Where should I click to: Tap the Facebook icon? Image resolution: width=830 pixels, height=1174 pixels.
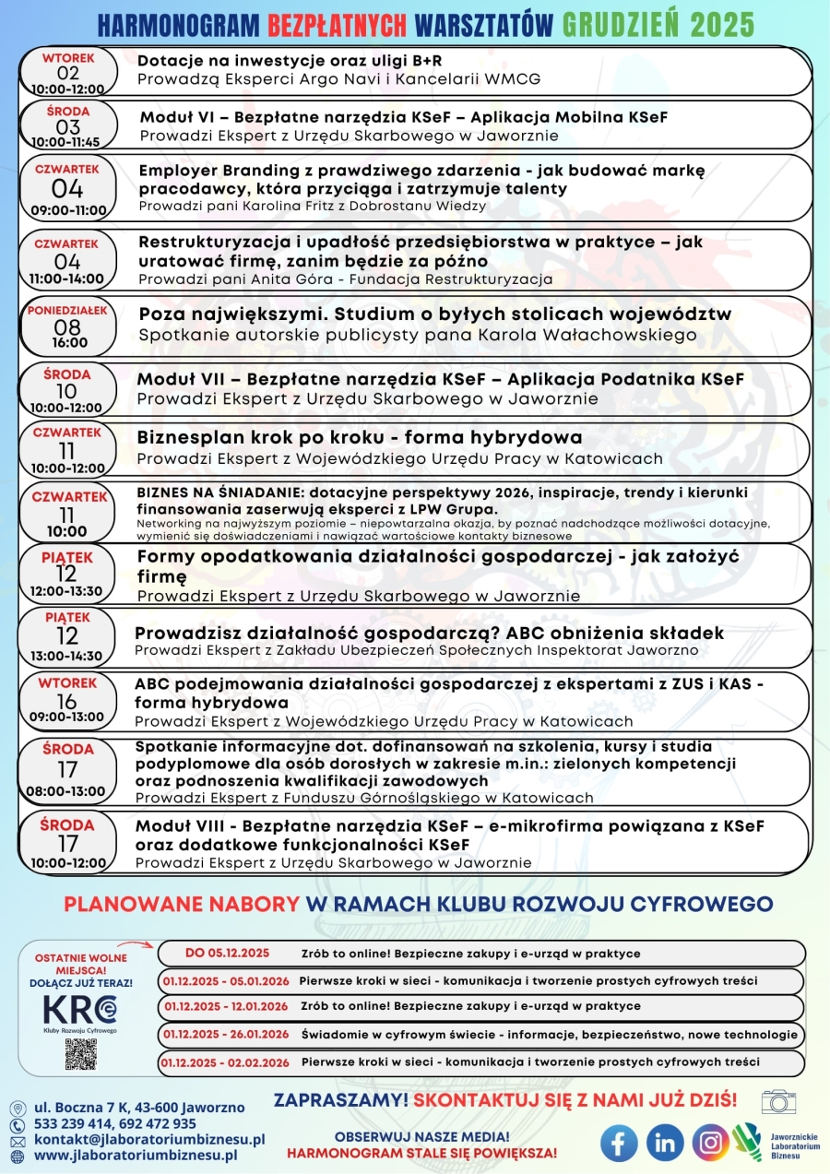(x=619, y=1143)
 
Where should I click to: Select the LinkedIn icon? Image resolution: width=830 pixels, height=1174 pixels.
(x=664, y=1143)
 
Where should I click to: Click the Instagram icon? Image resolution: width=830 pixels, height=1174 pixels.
(x=710, y=1143)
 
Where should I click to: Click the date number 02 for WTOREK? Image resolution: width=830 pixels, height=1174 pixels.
(x=68, y=74)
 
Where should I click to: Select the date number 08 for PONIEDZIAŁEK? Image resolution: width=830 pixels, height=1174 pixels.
(x=67, y=327)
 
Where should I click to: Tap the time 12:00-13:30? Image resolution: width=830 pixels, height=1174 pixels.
(x=66, y=591)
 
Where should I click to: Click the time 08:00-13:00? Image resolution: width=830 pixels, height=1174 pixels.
(x=66, y=790)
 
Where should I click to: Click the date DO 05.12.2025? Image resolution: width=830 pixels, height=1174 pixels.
(x=227, y=953)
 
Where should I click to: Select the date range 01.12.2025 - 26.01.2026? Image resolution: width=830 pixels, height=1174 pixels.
(x=225, y=1034)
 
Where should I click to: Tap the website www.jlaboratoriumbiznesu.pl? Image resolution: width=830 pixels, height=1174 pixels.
(x=136, y=1154)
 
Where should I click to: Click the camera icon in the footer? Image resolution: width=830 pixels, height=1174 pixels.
(x=778, y=1100)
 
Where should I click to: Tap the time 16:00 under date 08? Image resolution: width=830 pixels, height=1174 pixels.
(x=70, y=343)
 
